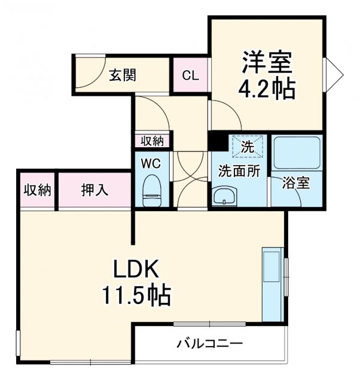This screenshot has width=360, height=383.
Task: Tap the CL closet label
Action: click(190, 75)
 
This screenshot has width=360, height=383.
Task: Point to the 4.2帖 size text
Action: click(267, 90)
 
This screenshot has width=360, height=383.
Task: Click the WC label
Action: click(150, 162)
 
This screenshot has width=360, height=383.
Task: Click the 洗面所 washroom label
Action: click(239, 171)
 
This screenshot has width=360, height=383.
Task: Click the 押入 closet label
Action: click(94, 190)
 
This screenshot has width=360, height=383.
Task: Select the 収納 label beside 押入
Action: click(37, 190)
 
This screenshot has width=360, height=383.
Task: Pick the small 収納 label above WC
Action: click(152, 141)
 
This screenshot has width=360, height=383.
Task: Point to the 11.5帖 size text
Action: click(136, 294)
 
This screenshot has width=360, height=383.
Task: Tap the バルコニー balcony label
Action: click(209, 344)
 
